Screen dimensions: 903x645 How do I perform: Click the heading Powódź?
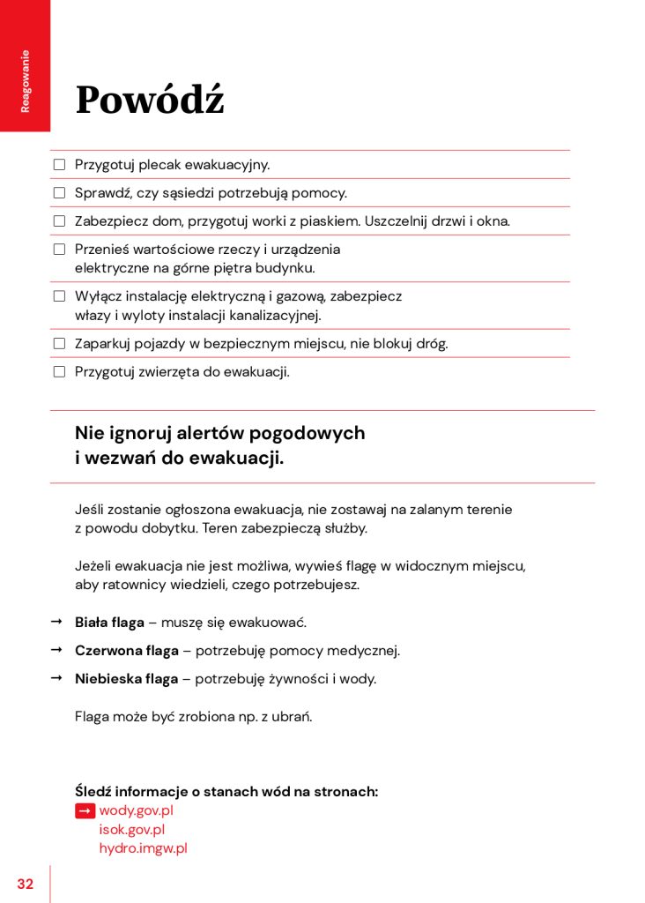coord(150,100)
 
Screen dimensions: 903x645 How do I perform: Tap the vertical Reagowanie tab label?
coord(26,80)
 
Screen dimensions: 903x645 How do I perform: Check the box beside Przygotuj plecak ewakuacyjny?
coord(60,165)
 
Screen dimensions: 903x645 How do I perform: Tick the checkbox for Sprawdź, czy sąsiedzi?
coord(60,193)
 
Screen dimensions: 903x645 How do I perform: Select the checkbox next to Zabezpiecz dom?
coord(60,221)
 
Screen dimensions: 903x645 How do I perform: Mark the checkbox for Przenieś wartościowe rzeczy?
coord(60,250)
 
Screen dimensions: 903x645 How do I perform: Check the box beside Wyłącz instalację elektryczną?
coord(60,296)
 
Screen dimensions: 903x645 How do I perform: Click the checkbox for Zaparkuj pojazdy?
coord(60,343)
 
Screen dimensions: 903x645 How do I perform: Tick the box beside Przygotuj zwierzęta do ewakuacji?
coord(60,371)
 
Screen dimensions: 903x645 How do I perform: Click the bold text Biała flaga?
coord(109,623)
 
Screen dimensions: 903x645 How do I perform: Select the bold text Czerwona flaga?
coord(127,651)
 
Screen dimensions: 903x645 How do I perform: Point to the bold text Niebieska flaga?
coord(127,679)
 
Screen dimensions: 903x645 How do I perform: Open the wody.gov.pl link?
coord(136,810)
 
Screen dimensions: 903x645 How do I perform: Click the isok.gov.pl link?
coord(131,830)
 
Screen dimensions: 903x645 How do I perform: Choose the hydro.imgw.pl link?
coord(143,848)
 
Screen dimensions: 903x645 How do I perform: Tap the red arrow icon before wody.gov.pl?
coord(85,810)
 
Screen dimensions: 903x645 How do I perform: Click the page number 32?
coord(25,884)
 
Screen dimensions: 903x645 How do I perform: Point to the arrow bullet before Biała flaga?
coord(56,622)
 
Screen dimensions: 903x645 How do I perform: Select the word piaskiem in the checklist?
coord(330,221)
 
